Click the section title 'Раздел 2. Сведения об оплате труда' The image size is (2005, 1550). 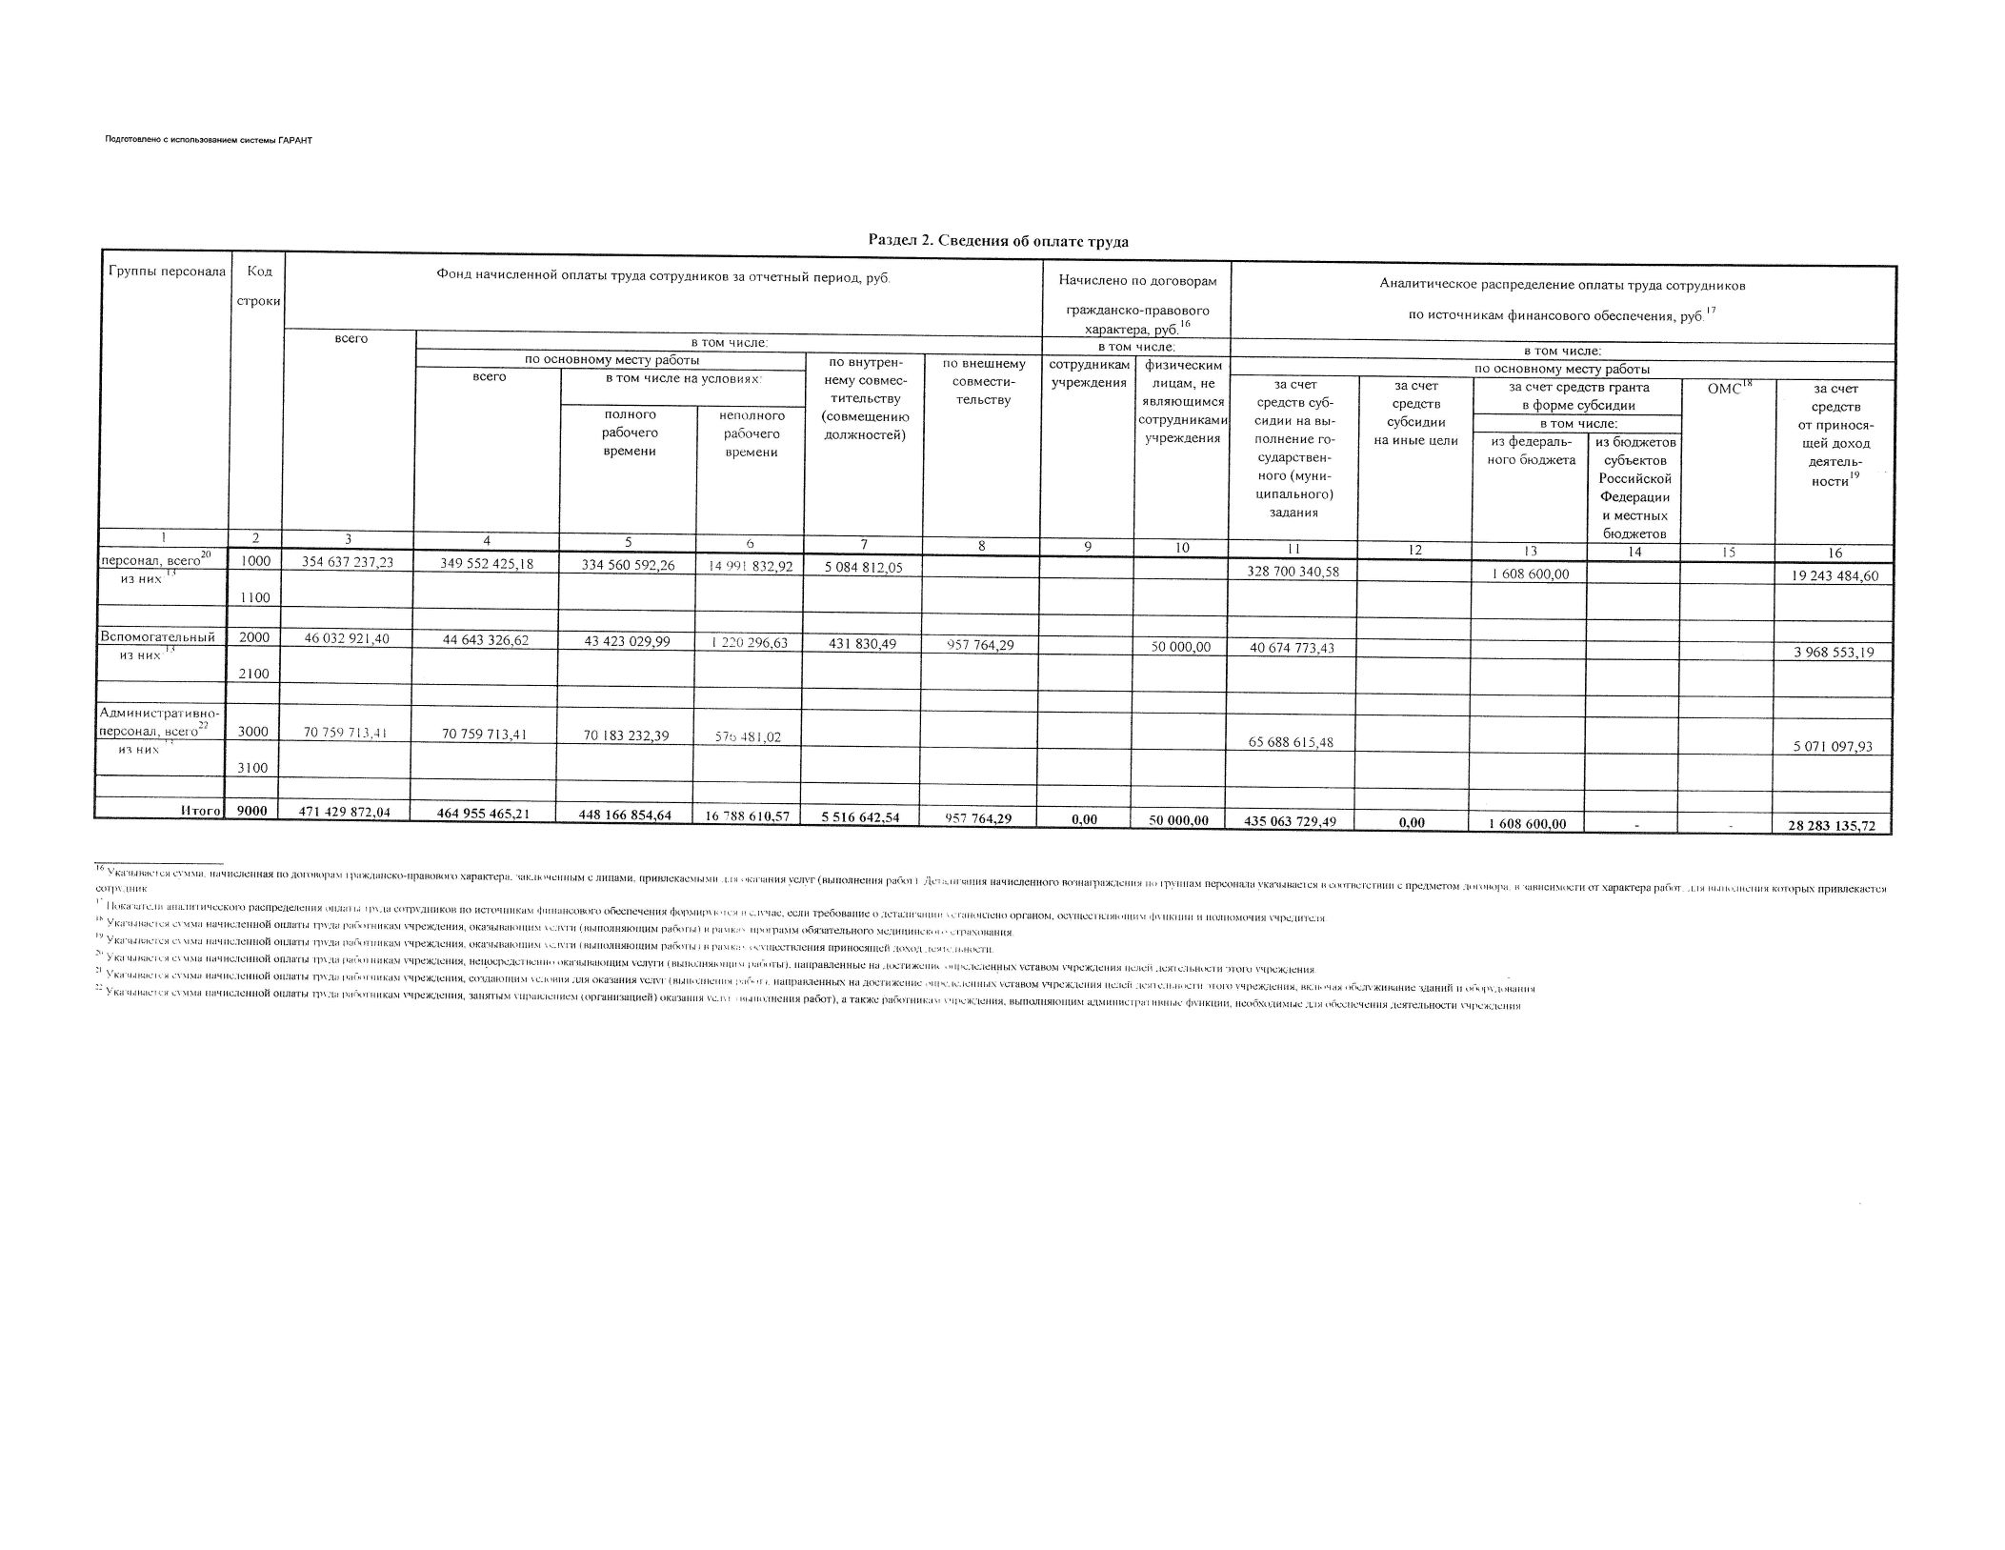pyautogui.click(x=998, y=241)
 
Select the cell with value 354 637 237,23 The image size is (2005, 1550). pyautogui.click(x=347, y=562)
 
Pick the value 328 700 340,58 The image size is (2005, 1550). pyautogui.click(x=1293, y=571)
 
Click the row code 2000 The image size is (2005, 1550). pyautogui.click(x=254, y=638)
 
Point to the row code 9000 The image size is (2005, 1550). pyautogui.click(x=253, y=811)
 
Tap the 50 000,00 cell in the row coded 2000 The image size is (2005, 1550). pyautogui.click(x=1180, y=647)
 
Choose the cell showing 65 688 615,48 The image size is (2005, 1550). pyautogui.click(x=1293, y=742)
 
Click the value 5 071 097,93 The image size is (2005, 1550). pyautogui.click(x=1833, y=747)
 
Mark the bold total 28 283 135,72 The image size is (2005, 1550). pyautogui.click(x=1833, y=826)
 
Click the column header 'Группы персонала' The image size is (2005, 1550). pyautogui.click(x=162, y=272)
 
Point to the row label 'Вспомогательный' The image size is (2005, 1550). pyautogui.click(x=157, y=637)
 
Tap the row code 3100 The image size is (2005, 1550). pyautogui.click(x=254, y=768)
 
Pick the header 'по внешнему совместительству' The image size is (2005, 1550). pyautogui.click(x=983, y=381)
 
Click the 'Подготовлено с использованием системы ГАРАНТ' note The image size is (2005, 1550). pyautogui.click(x=209, y=140)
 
